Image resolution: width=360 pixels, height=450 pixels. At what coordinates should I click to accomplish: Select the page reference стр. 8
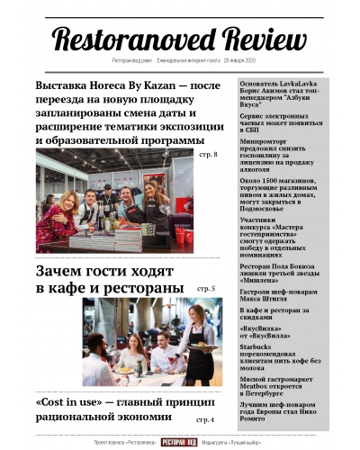click(208, 156)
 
